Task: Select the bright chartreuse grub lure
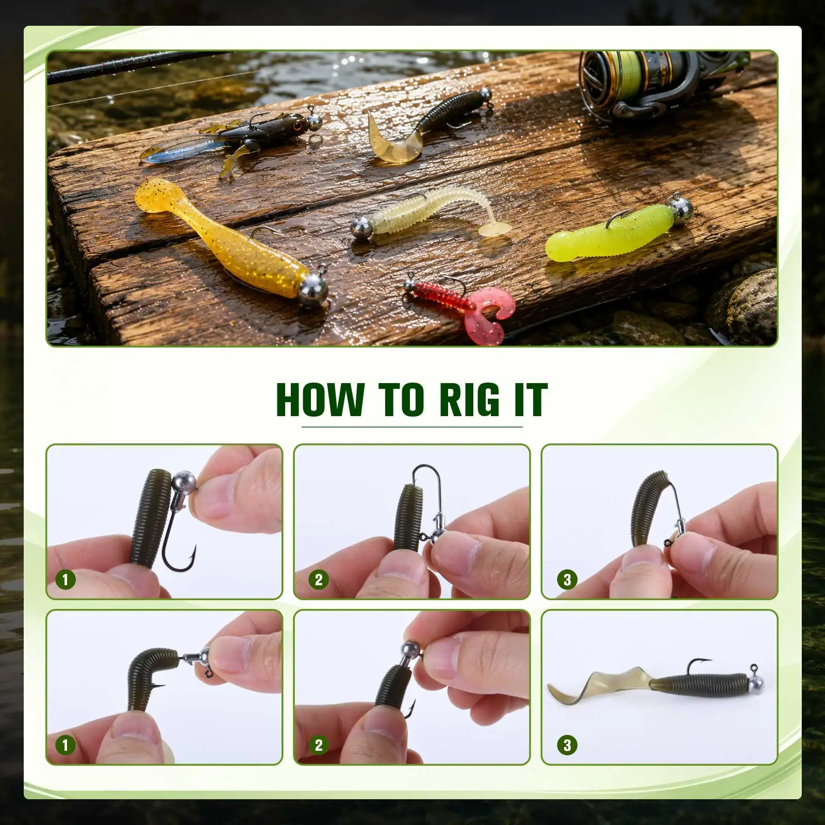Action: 614,232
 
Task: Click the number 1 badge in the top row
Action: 65,580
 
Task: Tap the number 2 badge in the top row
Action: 319,580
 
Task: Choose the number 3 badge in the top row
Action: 567,580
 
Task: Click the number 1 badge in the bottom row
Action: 65,745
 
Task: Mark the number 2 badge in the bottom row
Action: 319,745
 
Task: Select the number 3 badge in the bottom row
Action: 567,745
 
